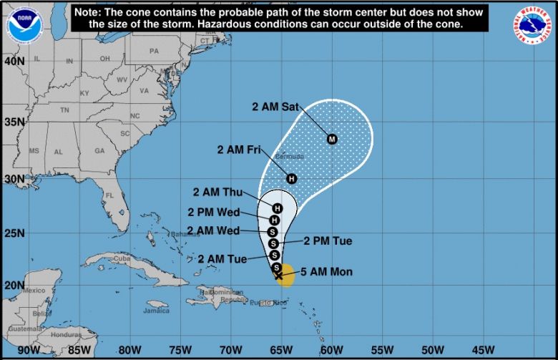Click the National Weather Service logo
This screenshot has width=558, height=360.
(532, 26)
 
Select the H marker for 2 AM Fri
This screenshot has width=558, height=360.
(291, 178)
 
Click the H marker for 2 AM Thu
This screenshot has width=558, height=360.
(278, 208)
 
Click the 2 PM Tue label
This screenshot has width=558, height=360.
(328, 241)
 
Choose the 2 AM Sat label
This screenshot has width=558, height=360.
(275, 106)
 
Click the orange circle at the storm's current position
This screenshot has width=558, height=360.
(285, 274)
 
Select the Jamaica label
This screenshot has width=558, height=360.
(156, 311)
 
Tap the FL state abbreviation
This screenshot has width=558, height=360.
(109, 195)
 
